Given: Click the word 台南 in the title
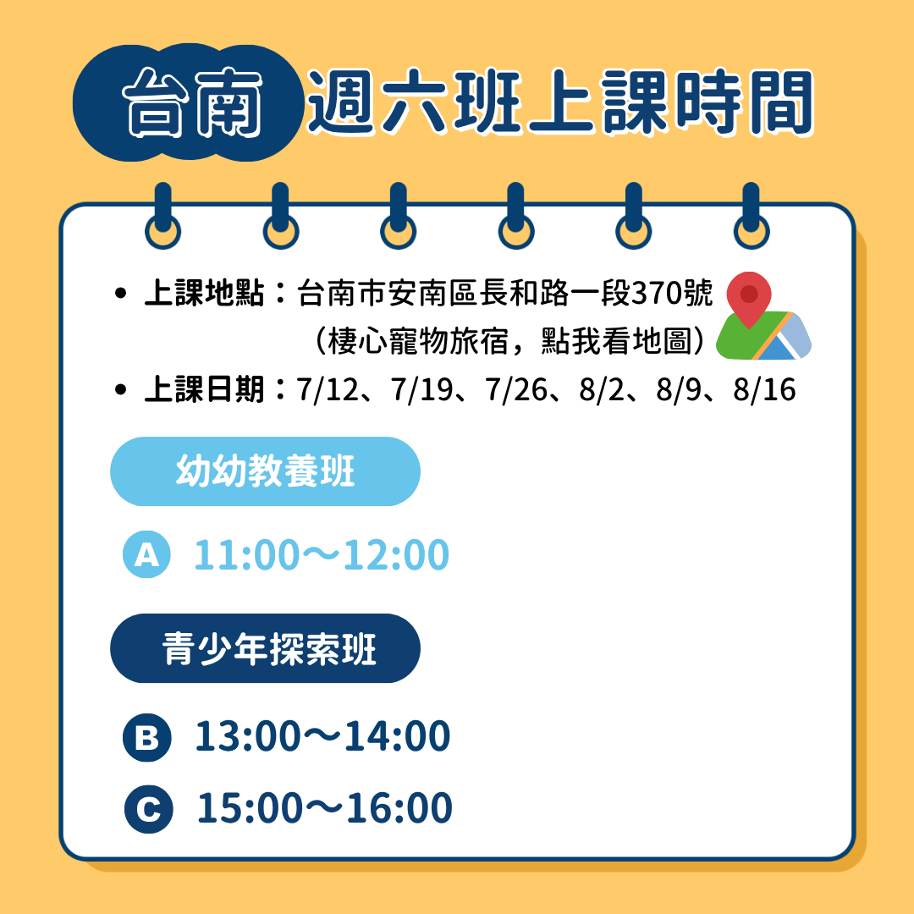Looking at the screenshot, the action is [x=192, y=102].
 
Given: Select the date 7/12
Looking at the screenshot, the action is [x=327, y=389].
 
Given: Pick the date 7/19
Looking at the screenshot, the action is [x=421, y=389].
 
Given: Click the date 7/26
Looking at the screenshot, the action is [x=516, y=389].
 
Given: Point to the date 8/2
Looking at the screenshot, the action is [x=602, y=389].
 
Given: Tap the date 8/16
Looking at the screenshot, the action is [x=764, y=389].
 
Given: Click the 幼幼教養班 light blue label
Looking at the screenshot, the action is [x=265, y=471].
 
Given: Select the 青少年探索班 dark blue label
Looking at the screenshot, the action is [x=265, y=648].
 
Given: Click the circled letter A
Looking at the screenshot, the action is [x=147, y=554].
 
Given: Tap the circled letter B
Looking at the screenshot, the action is [x=147, y=737].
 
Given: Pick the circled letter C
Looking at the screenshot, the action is [x=149, y=809].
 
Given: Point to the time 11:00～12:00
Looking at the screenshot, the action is [x=322, y=554].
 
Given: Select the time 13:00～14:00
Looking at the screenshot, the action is [x=322, y=735].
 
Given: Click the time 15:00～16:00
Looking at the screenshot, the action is [x=325, y=808].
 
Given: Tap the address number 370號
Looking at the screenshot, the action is [x=672, y=293].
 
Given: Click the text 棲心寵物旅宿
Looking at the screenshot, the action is [x=419, y=341].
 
